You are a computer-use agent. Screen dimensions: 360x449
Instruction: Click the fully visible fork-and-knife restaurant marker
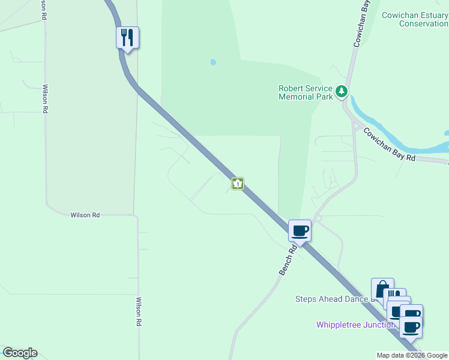pyautogui.click(x=127, y=38)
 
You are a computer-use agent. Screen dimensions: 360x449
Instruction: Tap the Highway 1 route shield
pyautogui.click(x=238, y=184)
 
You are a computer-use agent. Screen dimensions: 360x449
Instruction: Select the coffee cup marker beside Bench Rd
pyautogui.click(x=300, y=230)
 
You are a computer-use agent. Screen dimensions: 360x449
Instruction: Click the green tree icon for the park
pyautogui.click(x=342, y=92)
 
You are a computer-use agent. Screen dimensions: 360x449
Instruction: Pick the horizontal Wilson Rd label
pyautogui.click(x=85, y=215)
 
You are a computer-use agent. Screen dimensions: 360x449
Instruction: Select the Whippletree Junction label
pyautogui.click(x=355, y=325)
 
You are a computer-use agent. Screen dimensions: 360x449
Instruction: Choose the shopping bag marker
pyautogui.click(x=382, y=289)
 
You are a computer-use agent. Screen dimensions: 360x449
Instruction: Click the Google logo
pyautogui.click(x=20, y=353)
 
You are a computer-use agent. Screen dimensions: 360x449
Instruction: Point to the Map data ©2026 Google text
pyautogui.click(x=412, y=355)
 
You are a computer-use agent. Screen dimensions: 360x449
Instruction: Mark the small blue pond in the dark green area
pyautogui.click(x=213, y=62)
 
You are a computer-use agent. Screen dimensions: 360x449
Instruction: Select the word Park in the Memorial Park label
pyautogui.click(x=324, y=97)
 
